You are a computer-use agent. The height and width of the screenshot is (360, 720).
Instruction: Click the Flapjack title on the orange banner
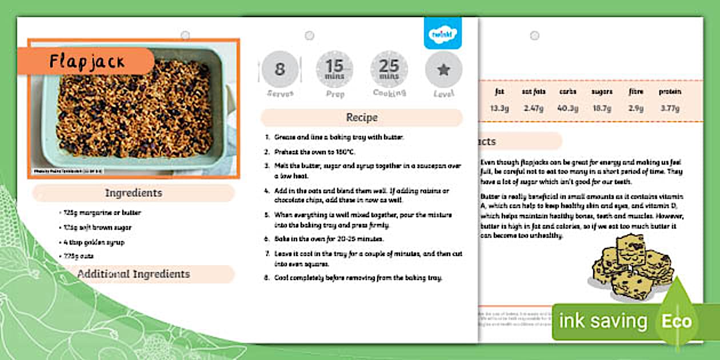(86, 61)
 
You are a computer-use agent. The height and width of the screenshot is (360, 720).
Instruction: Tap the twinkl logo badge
(442, 34)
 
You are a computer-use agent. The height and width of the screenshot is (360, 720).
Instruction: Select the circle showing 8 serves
(279, 70)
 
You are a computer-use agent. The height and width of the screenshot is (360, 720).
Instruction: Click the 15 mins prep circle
(334, 70)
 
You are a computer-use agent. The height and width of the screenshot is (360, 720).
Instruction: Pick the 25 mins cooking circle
(389, 70)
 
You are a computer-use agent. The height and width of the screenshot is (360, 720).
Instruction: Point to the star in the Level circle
(443, 70)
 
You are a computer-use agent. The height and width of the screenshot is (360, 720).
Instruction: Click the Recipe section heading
(362, 118)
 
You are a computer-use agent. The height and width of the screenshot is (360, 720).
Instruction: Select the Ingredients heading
(133, 193)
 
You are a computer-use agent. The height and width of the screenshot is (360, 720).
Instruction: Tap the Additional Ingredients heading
(133, 274)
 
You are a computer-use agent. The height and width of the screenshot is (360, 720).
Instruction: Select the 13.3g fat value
(499, 108)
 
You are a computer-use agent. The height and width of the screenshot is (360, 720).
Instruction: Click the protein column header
(669, 91)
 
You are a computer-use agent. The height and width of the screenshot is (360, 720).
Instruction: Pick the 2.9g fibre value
(635, 108)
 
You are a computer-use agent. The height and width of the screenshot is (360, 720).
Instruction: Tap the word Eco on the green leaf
(677, 321)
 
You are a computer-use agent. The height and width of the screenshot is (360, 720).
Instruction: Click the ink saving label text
(602, 321)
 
